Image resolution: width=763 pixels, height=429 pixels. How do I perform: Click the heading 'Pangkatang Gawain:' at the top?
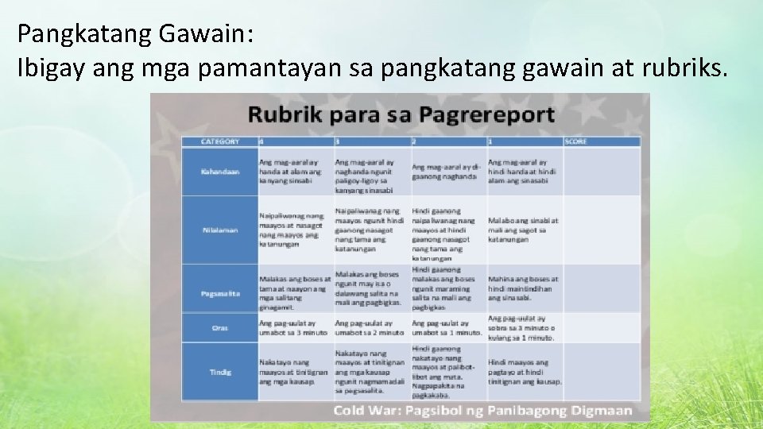click(x=135, y=33)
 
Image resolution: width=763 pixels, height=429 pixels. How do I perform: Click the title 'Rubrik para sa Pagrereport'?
click(x=401, y=114)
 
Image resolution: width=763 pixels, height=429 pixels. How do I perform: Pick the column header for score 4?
click(x=295, y=141)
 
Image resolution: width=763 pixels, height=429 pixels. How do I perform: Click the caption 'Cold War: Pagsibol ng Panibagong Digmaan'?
click(x=482, y=411)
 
